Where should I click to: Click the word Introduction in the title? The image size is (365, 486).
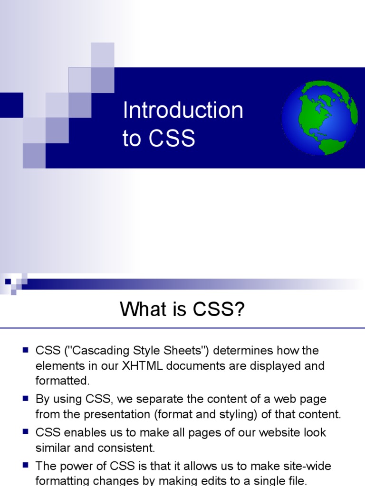click(x=182, y=111)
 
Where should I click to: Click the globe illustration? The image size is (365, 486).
click(x=319, y=118)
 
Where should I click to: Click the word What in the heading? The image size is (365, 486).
click(x=142, y=310)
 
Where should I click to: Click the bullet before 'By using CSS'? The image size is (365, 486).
click(x=26, y=399)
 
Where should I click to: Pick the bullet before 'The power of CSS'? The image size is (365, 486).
click(x=26, y=465)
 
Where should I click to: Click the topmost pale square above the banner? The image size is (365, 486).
click(x=103, y=54)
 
